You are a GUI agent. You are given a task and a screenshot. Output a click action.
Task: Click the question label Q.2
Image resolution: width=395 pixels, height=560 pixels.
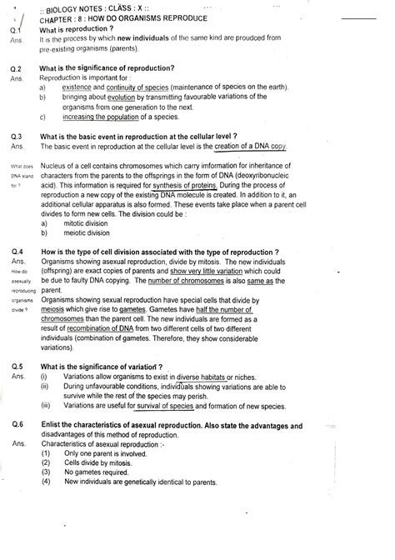pos(16,67)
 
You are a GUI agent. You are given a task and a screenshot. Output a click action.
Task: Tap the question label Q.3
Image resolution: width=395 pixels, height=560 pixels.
pos(16,136)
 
